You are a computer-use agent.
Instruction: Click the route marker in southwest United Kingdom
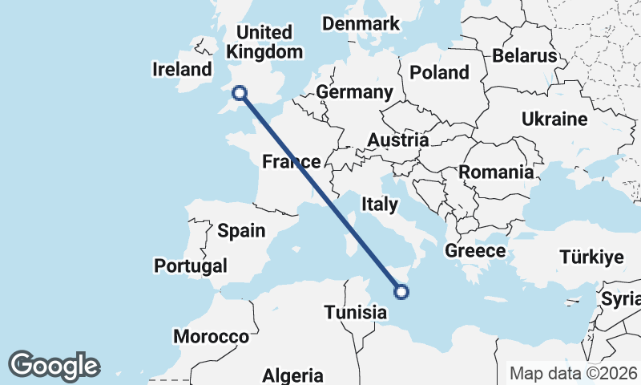point(238,93)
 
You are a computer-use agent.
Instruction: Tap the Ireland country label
point(182,70)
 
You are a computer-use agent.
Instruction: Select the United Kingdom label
point(265,43)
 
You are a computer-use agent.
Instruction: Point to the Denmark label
point(361,23)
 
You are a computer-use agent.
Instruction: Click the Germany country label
point(354,92)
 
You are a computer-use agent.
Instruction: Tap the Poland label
point(439,72)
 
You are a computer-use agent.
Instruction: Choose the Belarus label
point(524,56)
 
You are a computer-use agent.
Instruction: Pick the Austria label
point(397,140)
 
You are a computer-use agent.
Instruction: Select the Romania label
point(495,172)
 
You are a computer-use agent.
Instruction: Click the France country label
point(292,162)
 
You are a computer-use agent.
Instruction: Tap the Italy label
point(379,205)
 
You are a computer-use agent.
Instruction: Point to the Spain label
point(241,231)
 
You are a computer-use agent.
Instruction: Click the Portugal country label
point(191,265)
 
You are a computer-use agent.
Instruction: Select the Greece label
point(475,250)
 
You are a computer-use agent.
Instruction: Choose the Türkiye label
point(591,257)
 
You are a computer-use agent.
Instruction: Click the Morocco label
point(212,336)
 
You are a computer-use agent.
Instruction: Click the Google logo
point(54,366)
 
